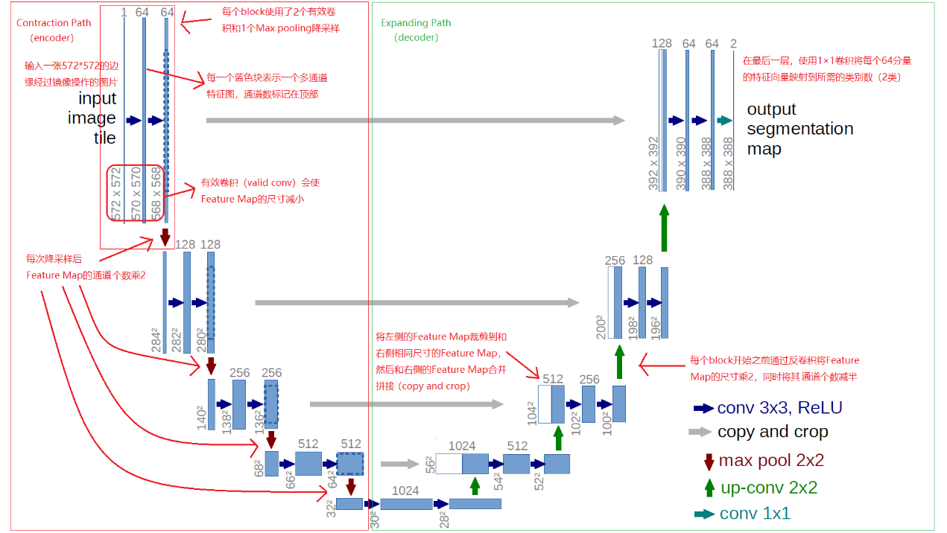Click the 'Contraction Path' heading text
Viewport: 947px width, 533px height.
tap(54, 23)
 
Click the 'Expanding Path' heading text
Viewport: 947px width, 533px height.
tap(416, 23)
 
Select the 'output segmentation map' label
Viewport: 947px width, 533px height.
tap(799, 129)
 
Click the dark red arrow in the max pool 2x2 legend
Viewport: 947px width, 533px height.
tap(708, 462)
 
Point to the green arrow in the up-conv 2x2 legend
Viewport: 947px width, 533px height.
tap(709, 488)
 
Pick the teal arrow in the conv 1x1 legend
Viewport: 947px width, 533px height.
tap(703, 514)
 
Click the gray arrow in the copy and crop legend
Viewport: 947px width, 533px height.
tap(700, 432)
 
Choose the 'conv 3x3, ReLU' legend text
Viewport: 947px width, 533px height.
tap(779, 408)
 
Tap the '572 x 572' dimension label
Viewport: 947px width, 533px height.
tap(116, 194)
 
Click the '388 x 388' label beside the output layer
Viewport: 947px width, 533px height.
tap(728, 163)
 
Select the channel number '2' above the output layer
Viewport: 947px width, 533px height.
tap(733, 44)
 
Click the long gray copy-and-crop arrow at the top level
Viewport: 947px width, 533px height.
tap(415, 121)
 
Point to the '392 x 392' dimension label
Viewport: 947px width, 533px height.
tap(653, 163)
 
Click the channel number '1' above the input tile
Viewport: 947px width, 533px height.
tap(124, 13)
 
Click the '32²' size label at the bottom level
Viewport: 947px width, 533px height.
tap(330, 508)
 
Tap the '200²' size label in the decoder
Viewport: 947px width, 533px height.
tap(601, 326)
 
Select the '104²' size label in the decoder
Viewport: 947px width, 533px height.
tap(531, 412)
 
